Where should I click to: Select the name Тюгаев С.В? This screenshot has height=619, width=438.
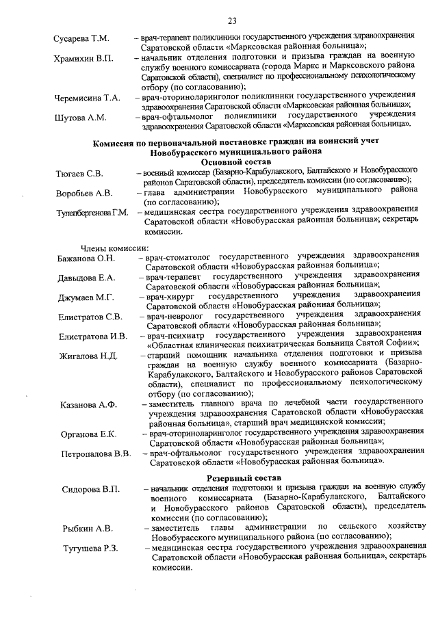[x=79, y=174]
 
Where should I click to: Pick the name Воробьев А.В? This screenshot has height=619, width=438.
[x=84, y=193]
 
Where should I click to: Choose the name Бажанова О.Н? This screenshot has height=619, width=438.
[x=86, y=259]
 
